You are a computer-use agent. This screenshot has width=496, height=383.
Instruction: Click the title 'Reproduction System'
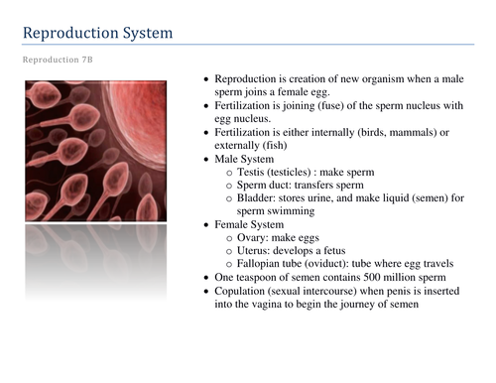(97, 35)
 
